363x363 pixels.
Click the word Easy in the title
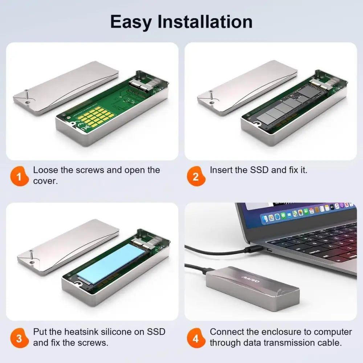(131, 23)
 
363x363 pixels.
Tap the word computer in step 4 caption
(333, 332)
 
